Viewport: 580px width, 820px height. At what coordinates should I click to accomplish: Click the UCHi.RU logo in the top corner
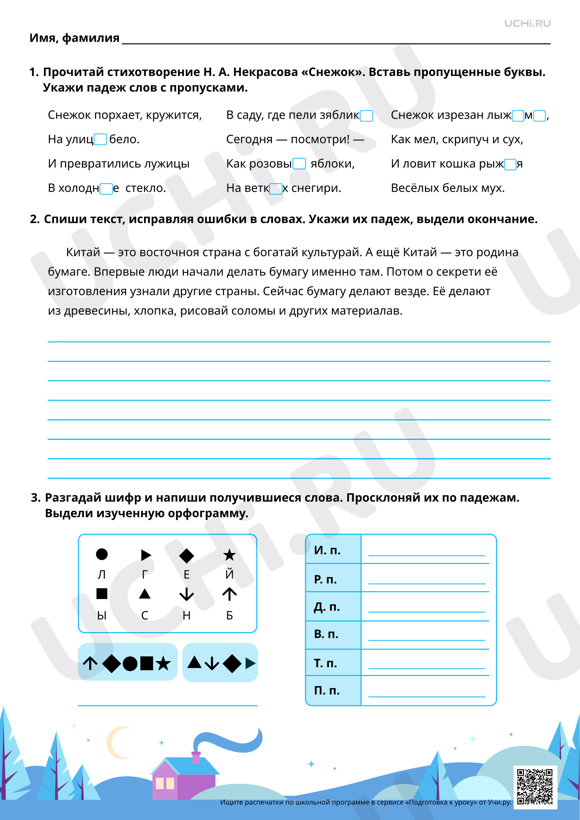(527, 24)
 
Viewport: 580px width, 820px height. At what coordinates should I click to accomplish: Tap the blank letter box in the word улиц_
(101, 139)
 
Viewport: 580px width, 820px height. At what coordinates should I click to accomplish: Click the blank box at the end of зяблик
(367, 116)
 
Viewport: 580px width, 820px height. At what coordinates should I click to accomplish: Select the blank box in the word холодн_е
(106, 189)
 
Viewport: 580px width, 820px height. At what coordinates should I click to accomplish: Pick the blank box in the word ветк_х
(276, 189)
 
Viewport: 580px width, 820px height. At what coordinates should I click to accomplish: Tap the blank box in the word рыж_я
(510, 165)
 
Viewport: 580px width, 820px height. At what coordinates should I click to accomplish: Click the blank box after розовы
(299, 164)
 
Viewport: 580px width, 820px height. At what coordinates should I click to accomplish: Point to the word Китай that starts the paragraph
(83, 252)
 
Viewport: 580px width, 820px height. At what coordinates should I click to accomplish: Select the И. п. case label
(327, 550)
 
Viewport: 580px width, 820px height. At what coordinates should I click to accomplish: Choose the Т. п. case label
(326, 663)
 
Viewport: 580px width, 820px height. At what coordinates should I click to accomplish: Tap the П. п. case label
(327, 690)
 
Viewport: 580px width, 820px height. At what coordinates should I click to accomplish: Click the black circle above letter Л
(102, 554)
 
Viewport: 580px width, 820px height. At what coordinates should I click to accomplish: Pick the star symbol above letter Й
(230, 555)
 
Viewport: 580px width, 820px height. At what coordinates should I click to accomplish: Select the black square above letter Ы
(102, 594)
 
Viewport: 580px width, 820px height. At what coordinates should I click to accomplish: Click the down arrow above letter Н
(186, 594)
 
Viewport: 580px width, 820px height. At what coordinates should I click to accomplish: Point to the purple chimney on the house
(196, 757)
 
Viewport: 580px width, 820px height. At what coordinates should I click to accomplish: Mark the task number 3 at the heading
(35, 498)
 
